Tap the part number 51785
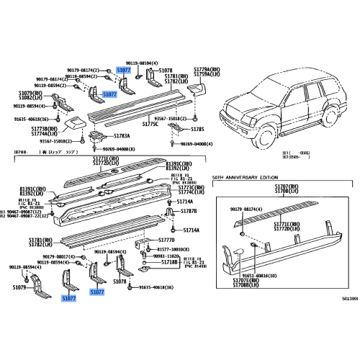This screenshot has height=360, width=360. pyautogui.click(x=198, y=129)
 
